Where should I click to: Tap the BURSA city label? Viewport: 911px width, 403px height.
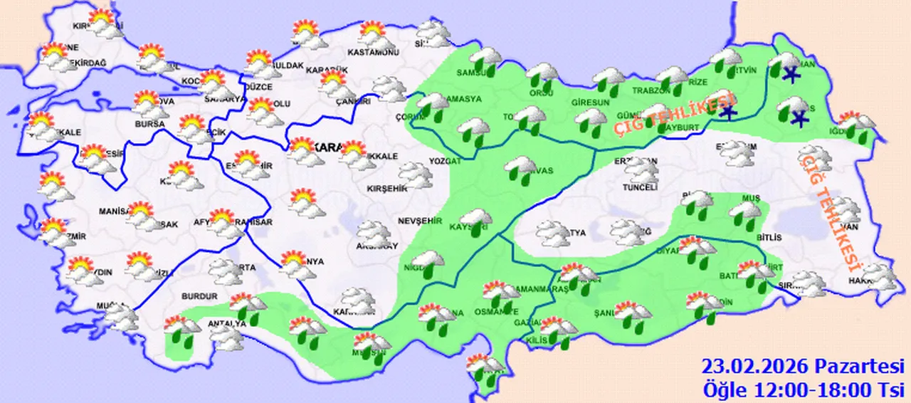pyautogui.click(x=150, y=124)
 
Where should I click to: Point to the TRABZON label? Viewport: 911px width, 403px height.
pyautogui.click(x=651, y=91)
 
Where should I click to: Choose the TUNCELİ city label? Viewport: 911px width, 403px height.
pyautogui.click(x=640, y=188)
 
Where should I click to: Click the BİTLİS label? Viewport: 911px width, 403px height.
pyautogui.click(x=770, y=237)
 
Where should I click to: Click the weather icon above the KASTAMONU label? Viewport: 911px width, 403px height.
pyautogui.click(x=373, y=35)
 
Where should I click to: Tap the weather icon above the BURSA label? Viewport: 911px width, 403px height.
pyautogui.click(x=149, y=104)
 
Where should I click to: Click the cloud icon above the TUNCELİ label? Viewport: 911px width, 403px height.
pyautogui.click(x=641, y=171)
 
